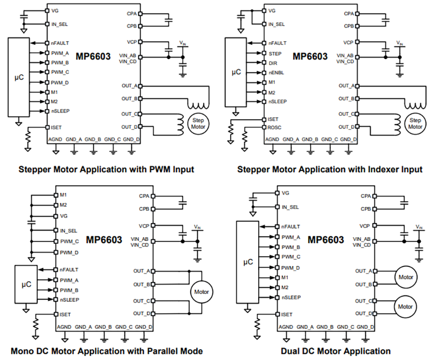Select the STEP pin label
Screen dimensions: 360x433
coord(275,52)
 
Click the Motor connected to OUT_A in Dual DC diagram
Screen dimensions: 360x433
coord(405,277)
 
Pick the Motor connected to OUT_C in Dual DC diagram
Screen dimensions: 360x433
coord(405,307)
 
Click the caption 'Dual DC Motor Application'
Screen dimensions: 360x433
coord(335,351)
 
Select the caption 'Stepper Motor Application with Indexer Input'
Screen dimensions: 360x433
coord(330,169)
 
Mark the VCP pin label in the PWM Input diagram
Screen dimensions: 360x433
coord(131,42)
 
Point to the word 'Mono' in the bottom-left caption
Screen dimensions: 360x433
coord(22,351)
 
